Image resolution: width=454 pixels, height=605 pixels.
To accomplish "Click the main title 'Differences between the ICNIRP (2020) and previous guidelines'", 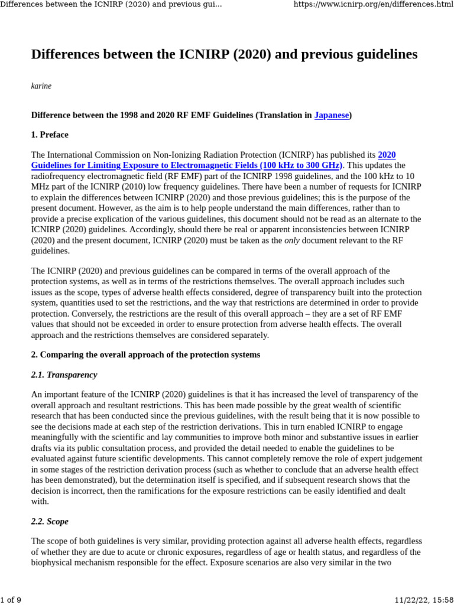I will click(224, 54).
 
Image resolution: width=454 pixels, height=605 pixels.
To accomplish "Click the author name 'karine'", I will click(41, 86).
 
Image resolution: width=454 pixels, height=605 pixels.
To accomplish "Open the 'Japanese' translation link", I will click(331, 115).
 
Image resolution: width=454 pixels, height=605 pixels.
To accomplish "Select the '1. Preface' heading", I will click(50, 135).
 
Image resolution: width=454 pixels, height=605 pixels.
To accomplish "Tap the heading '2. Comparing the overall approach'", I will click(145, 355).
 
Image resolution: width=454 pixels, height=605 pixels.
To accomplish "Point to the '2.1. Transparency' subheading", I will click(64, 375).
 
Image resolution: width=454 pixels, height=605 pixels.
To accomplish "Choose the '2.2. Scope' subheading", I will click(50, 522).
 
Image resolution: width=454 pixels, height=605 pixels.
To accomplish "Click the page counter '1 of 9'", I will click(11, 600).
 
